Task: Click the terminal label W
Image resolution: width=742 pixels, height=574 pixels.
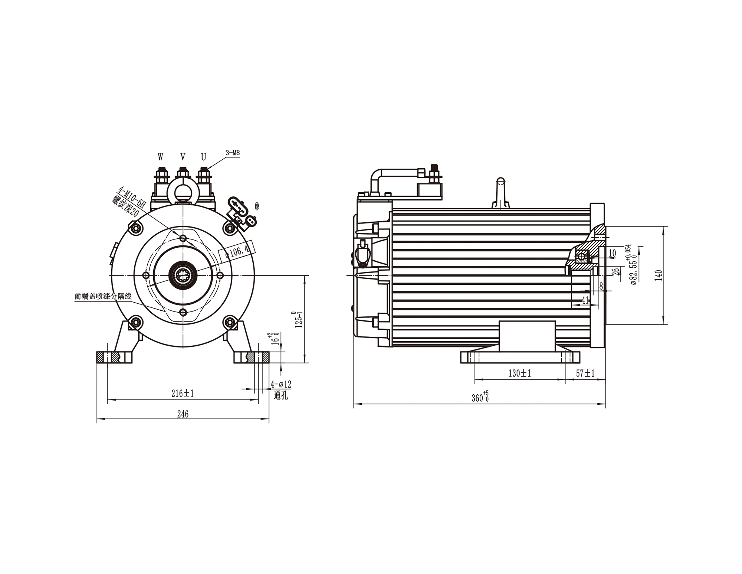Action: click(160, 157)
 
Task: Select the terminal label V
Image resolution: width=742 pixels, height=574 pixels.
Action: click(183, 157)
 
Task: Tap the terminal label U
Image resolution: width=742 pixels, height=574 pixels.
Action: click(203, 157)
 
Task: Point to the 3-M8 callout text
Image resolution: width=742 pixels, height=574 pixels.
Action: click(233, 153)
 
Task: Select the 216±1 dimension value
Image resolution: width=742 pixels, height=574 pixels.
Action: click(183, 394)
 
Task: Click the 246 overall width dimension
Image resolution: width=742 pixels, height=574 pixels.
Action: click(183, 414)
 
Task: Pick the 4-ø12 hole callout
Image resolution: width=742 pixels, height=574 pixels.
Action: click(281, 384)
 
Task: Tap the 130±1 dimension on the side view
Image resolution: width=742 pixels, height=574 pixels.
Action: click(519, 374)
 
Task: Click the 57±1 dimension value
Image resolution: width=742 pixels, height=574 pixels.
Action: click(585, 374)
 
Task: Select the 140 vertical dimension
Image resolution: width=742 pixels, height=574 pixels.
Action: click(659, 275)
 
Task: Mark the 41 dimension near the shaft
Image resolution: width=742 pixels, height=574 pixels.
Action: click(585, 300)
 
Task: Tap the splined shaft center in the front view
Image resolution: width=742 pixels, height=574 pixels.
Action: click(183, 275)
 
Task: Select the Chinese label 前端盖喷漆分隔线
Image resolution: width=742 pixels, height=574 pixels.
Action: click(103, 296)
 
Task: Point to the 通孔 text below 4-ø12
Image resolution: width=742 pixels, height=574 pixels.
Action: click(281, 395)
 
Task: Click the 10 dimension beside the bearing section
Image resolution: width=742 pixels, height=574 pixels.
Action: click(612, 253)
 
